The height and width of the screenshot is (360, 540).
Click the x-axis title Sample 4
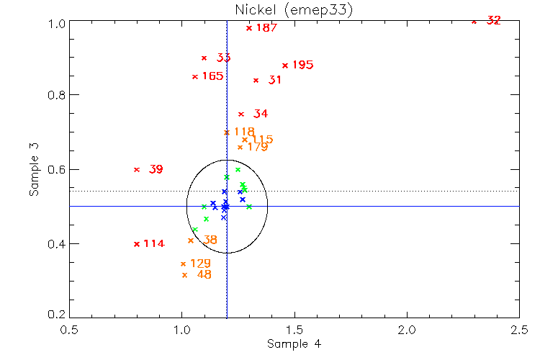[294, 344]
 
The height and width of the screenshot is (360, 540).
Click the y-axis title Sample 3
[33, 169]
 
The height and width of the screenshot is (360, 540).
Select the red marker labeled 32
[474, 22]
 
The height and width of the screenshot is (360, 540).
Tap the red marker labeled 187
[249, 28]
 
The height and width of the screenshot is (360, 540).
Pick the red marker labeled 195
[285, 66]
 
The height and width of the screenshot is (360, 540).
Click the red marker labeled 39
[137, 169]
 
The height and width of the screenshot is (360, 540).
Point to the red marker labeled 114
[137, 244]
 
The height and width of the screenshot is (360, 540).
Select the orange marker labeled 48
[185, 275]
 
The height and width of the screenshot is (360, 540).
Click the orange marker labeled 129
[183, 264]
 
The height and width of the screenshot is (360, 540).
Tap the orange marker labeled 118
[227, 132]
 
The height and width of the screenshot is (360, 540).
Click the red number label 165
[212, 76]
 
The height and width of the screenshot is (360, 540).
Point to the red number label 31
[274, 80]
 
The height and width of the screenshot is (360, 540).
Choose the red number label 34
[261, 114]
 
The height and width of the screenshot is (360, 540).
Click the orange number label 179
[257, 147]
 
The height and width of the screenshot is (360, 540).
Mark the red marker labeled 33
[204, 58]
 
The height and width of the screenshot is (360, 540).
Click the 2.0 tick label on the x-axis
[407, 328]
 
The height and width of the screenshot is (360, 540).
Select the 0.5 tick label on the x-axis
[69, 328]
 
